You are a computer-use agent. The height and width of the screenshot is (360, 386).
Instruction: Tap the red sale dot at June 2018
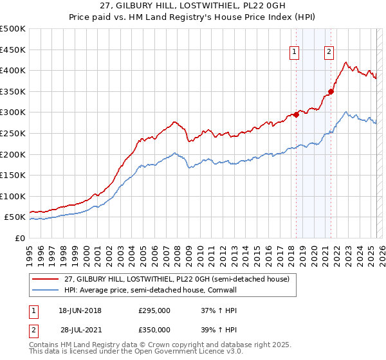(x=296, y=114)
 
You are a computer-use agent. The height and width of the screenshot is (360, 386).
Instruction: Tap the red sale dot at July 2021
(x=331, y=91)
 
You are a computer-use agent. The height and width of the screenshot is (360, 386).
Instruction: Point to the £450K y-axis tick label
(x=13, y=50)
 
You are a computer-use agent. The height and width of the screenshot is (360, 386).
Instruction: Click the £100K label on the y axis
(x=13, y=196)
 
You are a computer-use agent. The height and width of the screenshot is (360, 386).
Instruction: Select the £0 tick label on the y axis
(x=21, y=239)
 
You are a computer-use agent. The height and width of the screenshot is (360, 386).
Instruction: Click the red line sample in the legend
(x=46, y=279)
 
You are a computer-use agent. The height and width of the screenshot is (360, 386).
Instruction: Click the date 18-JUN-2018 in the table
(x=80, y=310)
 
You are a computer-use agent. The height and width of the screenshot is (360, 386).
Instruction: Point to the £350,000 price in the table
(x=154, y=329)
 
